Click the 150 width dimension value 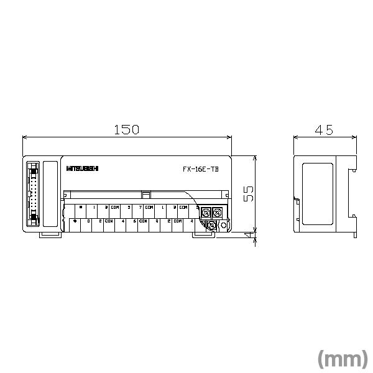tap(126, 129)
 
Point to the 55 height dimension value tap(248, 193)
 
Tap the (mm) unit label tap(343, 359)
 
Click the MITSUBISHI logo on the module tap(81, 168)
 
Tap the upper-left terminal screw tap(205, 212)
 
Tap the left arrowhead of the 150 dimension tap(25, 137)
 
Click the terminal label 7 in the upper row tap(140, 207)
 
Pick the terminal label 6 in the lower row tap(134, 221)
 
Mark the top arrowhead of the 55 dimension tap(254, 158)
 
